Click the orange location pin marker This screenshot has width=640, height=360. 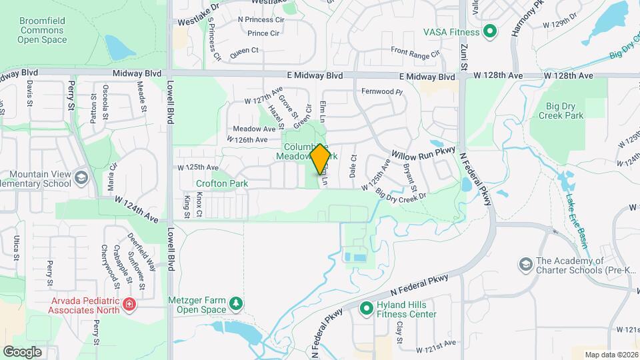tap(319, 159)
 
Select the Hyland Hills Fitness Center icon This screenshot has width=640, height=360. tap(366, 309)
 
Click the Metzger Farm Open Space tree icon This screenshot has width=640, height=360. tap(235, 304)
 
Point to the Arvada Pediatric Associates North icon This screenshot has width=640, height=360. tap(129, 305)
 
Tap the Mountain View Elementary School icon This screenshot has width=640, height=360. tap(81, 178)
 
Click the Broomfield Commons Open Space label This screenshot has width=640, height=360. tap(42, 31)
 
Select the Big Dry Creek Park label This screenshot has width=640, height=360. tap(555, 110)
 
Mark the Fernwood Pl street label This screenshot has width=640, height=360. tap(383, 91)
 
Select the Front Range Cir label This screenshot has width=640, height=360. tap(415, 51)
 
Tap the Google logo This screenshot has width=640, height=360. tap(23, 351)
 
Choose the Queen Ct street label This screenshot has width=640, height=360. tap(244, 51)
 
